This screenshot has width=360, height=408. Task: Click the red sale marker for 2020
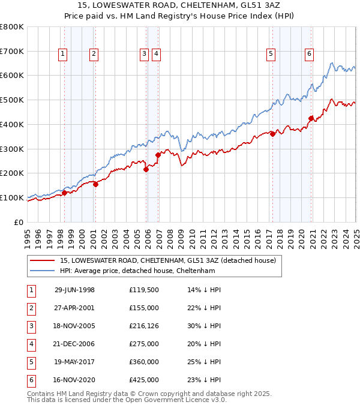click(311, 118)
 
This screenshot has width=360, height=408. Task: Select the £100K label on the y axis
click(13, 197)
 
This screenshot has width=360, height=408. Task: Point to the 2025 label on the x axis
click(355, 234)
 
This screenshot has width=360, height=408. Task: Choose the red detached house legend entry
click(167, 260)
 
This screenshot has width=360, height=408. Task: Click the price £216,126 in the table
click(143, 327)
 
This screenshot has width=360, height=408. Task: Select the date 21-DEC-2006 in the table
click(74, 344)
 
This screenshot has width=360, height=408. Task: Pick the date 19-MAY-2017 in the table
click(74, 362)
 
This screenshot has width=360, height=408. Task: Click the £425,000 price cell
click(143, 380)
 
